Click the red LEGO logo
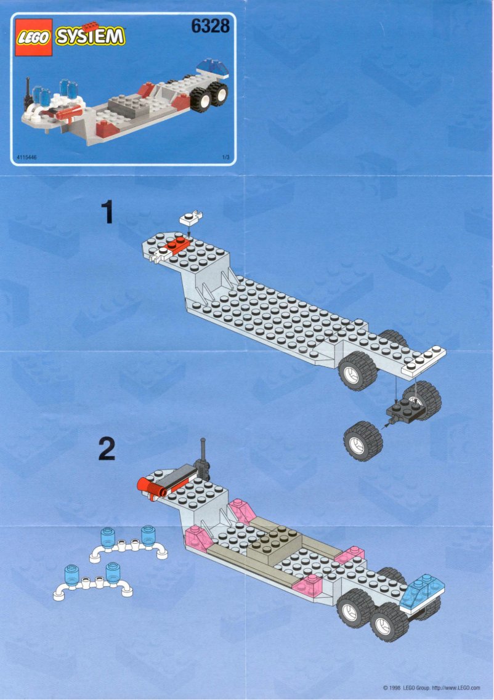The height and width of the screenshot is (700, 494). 33,38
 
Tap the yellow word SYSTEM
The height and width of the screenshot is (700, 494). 90,36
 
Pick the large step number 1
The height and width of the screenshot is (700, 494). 108,213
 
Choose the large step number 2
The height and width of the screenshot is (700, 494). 107,449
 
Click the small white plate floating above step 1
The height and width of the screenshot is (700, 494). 190,217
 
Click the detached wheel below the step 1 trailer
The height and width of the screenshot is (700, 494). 363,440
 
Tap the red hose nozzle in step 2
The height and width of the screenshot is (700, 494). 153,486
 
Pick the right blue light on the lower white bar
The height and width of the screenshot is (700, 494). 112,573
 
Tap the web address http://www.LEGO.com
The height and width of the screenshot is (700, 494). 456,688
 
